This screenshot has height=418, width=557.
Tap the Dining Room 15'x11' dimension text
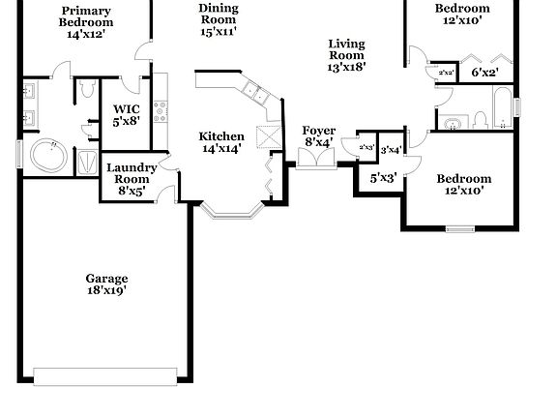[218, 32]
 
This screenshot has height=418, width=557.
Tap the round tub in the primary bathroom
[46, 155]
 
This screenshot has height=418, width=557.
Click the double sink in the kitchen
[255, 93]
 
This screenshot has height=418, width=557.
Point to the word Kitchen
[221, 136]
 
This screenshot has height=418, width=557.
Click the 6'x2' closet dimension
[484, 73]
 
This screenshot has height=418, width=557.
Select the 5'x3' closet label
[383, 177]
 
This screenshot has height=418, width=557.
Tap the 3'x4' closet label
[391, 150]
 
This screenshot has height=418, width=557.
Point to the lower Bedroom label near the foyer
[463, 178]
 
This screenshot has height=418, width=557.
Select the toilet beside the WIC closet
[87, 93]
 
